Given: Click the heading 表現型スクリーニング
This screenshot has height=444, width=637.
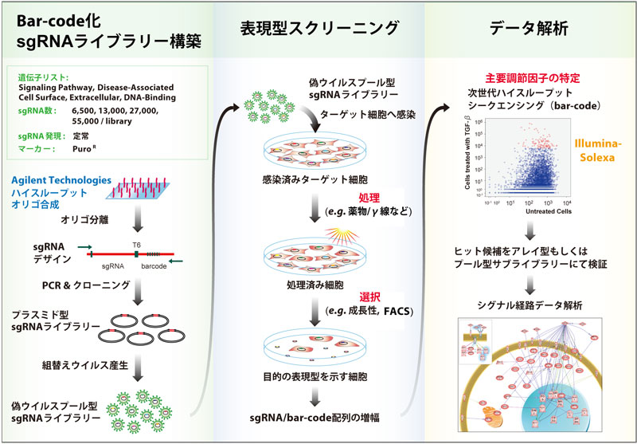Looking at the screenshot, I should (x=318, y=29).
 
